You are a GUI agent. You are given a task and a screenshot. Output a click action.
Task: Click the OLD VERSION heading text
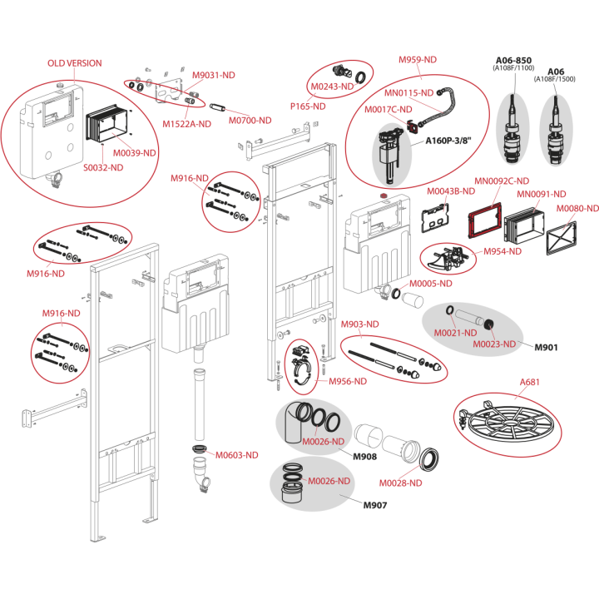75,63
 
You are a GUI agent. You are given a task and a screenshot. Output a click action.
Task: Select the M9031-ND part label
213,75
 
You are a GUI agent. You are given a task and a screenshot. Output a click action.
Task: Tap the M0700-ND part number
250,121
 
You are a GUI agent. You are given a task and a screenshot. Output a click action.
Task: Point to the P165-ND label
308,106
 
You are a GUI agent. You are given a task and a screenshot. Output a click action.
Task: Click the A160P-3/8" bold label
448,141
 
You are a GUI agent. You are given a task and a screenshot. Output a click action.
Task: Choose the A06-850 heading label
513,61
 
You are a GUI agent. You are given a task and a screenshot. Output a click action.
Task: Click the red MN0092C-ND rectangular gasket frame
485,220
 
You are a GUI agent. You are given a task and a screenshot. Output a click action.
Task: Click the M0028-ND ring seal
429,459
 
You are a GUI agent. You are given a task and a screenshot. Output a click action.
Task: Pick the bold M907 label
374,505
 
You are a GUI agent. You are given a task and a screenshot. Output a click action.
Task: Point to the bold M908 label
364,457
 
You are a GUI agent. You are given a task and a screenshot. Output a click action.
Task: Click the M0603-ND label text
237,455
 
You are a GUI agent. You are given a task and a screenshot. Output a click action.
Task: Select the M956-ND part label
348,381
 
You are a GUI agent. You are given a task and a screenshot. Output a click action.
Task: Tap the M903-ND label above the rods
359,324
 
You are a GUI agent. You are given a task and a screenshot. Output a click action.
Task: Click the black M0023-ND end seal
488,324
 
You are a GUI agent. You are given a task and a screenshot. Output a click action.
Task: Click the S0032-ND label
103,167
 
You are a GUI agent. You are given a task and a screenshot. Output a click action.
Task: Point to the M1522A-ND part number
187,124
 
